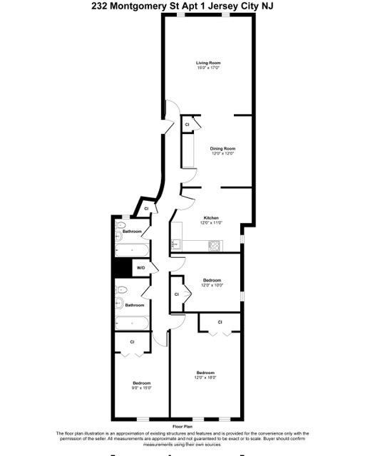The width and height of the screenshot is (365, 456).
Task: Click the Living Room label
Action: pyautogui.click(x=208, y=63)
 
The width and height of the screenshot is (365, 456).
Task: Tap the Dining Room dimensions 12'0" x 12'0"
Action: pyautogui.click(x=222, y=153)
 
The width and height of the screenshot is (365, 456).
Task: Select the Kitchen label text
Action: pyautogui.click(x=211, y=217)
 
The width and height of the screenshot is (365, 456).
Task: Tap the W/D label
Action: pyautogui.click(x=141, y=268)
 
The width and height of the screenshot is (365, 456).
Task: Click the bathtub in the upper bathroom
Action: pyautogui.click(x=133, y=250)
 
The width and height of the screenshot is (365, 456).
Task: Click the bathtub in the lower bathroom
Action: pyautogui.click(x=133, y=322)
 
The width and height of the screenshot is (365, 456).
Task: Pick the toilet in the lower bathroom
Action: pyautogui.click(x=121, y=291)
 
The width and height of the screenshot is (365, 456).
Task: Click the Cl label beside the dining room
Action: pyautogui.click(x=187, y=125)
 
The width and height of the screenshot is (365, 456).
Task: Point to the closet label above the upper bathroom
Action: pyautogui.click(x=146, y=208)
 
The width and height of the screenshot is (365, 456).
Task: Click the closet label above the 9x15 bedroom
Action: pyautogui.click(x=133, y=342)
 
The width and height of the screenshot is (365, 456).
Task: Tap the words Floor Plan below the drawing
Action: pyautogui.click(x=182, y=427)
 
